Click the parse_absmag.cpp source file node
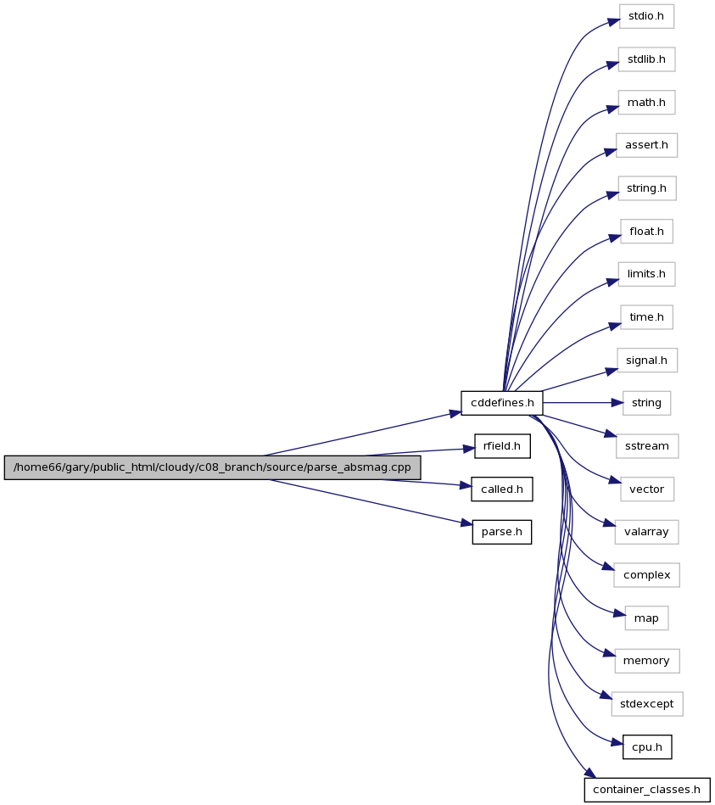tap(213, 467)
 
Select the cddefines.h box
tap(502, 403)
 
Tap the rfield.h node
tap(502, 446)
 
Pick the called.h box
tap(502, 489)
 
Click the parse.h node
tap(502, 532)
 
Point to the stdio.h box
tap(646, 16)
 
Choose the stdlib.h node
tap(646, 59)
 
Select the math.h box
tap(646, 103)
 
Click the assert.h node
tap(646, 145)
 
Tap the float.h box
tap(646, 232)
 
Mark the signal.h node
tap(646, 361)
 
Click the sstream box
tap(647, 446)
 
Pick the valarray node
tap(646, 532)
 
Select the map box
tap(646, 618)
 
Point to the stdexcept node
tap(647, 704)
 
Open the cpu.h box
tap(647, 747)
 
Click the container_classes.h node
tap(647, 790)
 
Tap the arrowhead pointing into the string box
tap(617, 403)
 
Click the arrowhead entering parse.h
tap(466, 523)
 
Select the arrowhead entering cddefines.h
tap(455, 413)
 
